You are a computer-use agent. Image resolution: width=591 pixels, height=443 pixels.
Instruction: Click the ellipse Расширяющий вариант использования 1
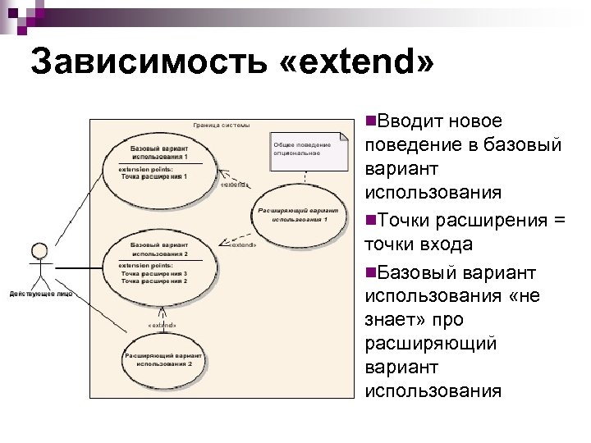293,215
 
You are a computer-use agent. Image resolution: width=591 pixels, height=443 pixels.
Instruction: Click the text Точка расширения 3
154,273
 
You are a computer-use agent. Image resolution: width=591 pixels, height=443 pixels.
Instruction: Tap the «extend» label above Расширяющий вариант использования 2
163,325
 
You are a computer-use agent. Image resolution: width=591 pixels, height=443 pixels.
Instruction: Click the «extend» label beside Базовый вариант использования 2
241,244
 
